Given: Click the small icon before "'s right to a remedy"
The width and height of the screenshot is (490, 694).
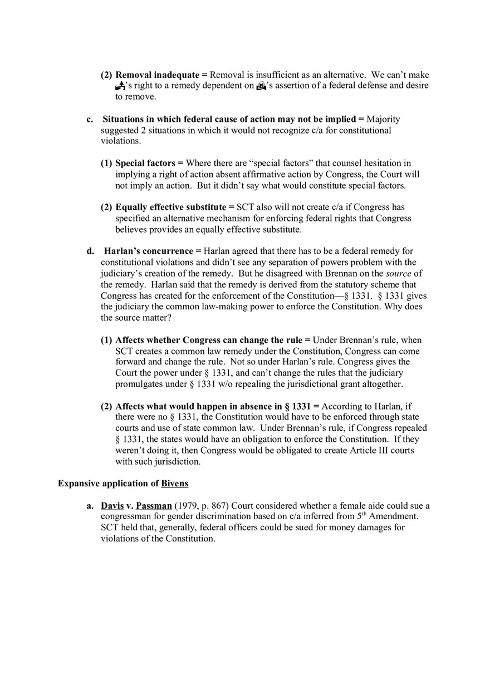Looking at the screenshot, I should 120,86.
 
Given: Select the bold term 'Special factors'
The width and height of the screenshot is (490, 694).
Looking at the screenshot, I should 145,163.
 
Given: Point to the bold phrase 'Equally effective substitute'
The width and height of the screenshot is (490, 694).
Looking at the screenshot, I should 171,208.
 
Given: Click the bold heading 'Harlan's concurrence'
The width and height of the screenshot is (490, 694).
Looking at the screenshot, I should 149,251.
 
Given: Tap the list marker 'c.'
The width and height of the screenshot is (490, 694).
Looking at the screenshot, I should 90,119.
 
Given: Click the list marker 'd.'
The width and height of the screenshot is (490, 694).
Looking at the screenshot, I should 90,251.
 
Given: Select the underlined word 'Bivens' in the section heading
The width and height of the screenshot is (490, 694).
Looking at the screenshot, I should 175,484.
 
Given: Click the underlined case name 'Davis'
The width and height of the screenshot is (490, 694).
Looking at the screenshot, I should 112,506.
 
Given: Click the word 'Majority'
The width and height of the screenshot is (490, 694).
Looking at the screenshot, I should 383,119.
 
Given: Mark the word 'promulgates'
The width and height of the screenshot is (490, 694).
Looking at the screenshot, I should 139,384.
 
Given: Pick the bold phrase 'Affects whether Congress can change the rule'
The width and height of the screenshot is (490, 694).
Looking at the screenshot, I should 209,340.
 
